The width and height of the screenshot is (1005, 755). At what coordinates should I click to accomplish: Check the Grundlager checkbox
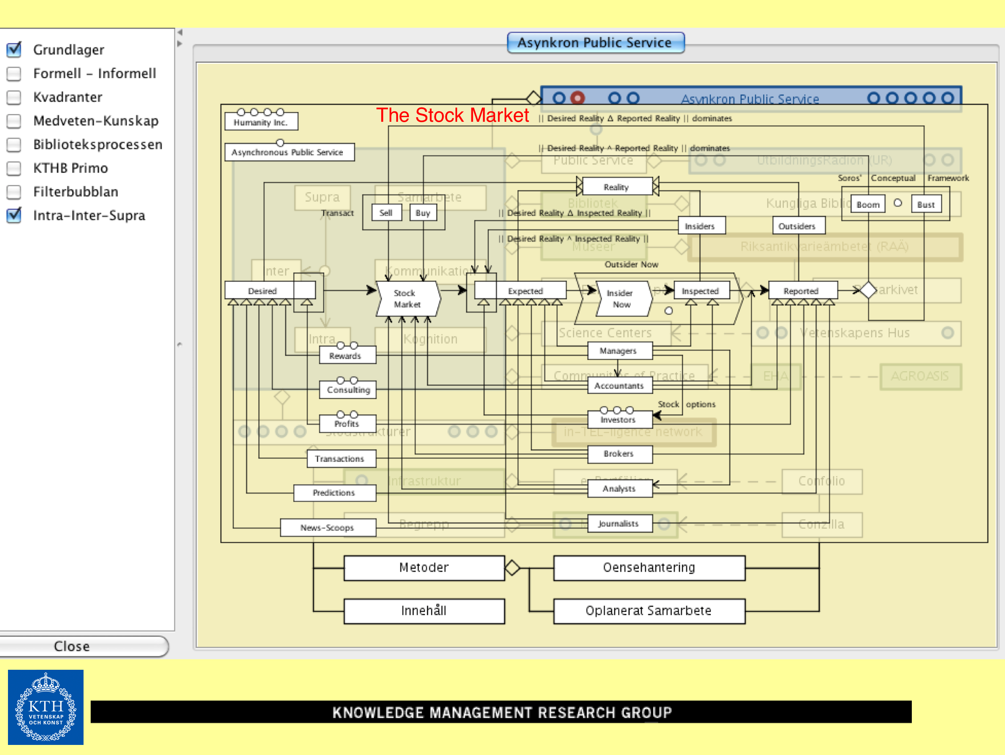14,49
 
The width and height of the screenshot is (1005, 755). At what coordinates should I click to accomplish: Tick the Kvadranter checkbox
14,97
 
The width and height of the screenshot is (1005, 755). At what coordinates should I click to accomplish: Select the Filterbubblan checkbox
14,192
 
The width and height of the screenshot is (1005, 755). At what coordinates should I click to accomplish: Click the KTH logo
45,707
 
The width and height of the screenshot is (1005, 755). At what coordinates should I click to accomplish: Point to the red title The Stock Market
453,115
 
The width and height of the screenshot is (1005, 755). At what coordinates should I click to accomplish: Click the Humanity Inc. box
261,122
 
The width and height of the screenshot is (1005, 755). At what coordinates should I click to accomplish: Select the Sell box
386,213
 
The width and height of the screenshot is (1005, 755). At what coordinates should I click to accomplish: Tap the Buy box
423,213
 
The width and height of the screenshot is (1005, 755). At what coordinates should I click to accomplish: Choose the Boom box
868,204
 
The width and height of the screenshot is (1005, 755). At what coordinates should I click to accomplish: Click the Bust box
926,204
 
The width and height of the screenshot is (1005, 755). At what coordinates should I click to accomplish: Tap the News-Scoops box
327,528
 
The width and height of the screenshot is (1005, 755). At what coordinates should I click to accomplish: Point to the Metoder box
424,568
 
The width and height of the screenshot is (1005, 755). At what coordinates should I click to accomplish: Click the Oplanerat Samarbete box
649,611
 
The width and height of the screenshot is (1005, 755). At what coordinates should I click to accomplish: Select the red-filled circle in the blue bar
578,98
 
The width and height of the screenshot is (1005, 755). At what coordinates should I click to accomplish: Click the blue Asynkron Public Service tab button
595,43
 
